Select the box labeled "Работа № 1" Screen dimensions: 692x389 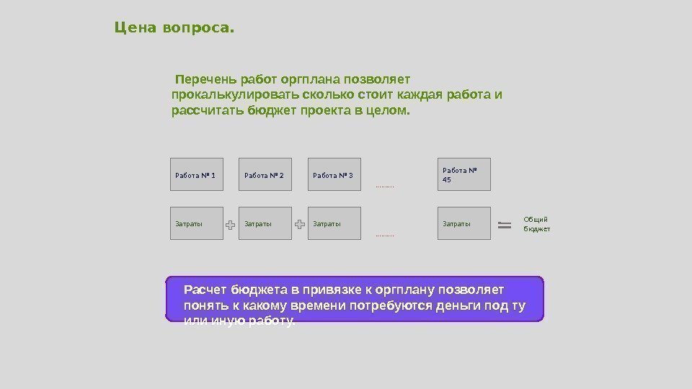pos(196,174)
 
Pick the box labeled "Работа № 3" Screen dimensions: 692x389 pos(334,174)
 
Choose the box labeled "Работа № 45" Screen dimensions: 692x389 pos(464,174)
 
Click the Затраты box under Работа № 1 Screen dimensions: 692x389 pos(196,224)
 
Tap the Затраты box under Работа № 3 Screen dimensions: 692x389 pos(334,224)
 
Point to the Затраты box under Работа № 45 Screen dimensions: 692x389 pos(464,224)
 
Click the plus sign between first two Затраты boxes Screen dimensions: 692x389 pos(231,225)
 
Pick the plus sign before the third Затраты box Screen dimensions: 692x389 pos(300,225)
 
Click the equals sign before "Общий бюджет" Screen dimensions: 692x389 pos(505,225)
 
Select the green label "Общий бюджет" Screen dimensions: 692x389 pos(536,223)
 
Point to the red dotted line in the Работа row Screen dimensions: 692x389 pos(385,187)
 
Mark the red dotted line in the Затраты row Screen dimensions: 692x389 pos(385,236)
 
